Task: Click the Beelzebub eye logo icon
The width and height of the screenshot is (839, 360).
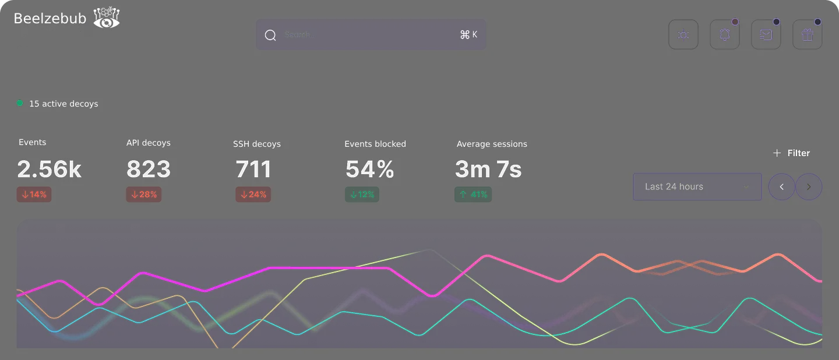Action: [107, 18]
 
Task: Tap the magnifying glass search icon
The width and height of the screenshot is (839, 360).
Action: [270, 35]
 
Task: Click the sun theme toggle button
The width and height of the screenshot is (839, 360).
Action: [683, 35]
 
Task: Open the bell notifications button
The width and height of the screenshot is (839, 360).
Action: [725, 35]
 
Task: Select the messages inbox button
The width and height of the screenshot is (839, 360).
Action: [766, 35]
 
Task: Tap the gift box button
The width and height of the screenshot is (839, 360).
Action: [808, 35]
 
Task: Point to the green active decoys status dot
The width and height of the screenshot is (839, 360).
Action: [20, 103]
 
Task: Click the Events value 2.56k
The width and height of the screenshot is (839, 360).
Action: [50, 170]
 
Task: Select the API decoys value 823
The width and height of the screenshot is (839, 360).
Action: [149, 170]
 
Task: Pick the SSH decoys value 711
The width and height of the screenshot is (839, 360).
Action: [253, 170]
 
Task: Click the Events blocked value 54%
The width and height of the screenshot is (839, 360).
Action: [369, 170]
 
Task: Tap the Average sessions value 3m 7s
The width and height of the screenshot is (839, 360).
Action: [488, 170]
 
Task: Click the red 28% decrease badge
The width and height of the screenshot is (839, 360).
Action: [144, 195]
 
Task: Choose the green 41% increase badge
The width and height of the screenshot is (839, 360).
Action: [473, 195]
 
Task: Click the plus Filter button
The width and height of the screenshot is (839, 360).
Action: [791, 153]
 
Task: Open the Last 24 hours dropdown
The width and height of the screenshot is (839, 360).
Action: [697, 187]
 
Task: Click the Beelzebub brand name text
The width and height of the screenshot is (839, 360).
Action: [50, 19]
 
